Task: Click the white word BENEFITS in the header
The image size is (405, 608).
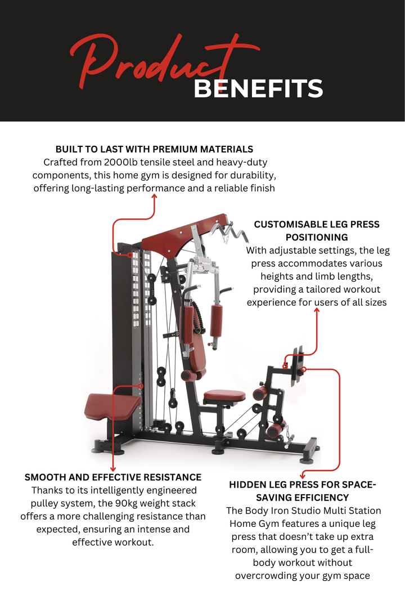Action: click(258, 89)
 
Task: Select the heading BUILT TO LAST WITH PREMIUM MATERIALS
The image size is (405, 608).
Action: click(154, 149)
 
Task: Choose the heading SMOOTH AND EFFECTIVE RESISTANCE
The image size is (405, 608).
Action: click(113, 477)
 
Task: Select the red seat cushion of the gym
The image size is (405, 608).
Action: click(224, 396)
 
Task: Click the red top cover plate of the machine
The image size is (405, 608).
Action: click(180, 235)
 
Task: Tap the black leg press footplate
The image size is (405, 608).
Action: click(298, 368)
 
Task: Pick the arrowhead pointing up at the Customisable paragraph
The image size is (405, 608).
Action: click(317, 309)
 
